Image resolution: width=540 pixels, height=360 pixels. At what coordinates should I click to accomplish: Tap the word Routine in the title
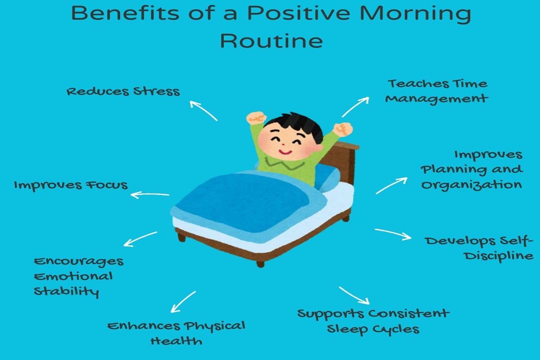pyautogui.click(x=271, y=40)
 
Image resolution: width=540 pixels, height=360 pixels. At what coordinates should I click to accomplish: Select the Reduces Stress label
pyautogui.click(x=123, y=91)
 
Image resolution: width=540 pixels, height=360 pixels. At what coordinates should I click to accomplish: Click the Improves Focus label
pyautogui.click(x=70, y=185)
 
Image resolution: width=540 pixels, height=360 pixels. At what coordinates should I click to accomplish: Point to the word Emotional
pyautogui.click(x=73, y=276)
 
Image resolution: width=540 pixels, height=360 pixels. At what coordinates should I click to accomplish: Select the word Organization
pyautogui.click(x=471, y=184)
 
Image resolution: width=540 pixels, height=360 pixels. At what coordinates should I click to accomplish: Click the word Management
pyautogui.click(x=436, y=98)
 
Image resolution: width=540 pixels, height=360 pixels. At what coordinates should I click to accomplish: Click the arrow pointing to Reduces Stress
pyautogui.click(x=203, y=110)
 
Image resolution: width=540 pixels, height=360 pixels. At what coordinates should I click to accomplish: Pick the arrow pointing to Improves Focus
pyautogui.click(x=149, y=194)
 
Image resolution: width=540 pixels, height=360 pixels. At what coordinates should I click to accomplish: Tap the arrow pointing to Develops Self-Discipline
pyautogui.click(x=392, y=233)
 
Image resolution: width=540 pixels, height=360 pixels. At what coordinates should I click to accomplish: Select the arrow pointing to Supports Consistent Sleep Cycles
pyautogui.click(x=353, y=295)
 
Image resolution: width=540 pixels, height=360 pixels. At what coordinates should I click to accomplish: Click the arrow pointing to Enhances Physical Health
pyautogui.click(x=183, y=301)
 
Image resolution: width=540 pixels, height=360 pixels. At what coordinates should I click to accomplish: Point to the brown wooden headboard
pyautogui.click(x=347, y=160)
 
